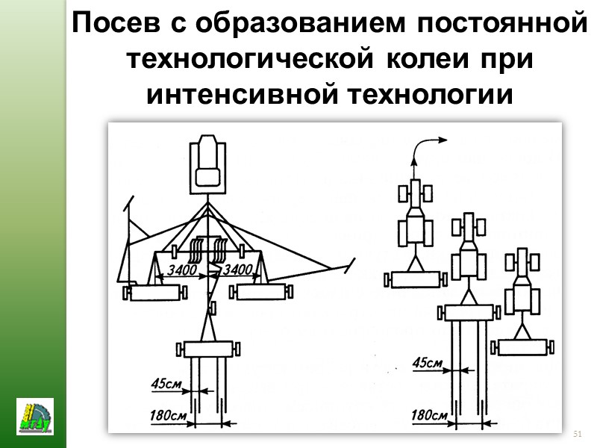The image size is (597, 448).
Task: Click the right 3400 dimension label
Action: (240, 269)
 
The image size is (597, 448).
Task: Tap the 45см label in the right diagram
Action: (427, 364)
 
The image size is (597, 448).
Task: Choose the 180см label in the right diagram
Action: (429, 414)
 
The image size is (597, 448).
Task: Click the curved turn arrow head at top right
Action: (443, 138)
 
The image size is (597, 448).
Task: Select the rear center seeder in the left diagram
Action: (208, 349)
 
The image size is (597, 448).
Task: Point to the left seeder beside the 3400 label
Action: (155, 293)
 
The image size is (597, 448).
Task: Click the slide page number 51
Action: (576, 434)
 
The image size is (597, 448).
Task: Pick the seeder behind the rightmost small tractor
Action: (525, 346)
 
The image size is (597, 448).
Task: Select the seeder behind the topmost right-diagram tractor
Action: (414, 279)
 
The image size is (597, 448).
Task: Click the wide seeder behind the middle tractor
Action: (469, 311)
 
